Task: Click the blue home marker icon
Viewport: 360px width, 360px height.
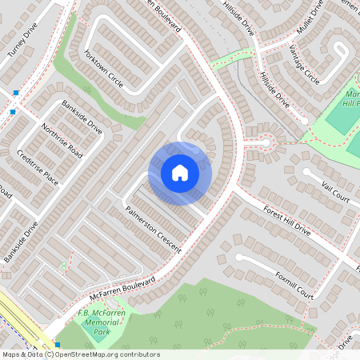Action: [179, 172]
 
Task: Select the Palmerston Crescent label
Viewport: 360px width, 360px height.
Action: [154, 229]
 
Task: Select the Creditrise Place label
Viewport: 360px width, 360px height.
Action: [40, 166]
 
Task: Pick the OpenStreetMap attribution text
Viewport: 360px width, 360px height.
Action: [80, 354]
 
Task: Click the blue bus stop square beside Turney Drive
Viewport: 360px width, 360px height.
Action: [15, 94]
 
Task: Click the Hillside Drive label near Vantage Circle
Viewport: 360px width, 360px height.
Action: [274, 90]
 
